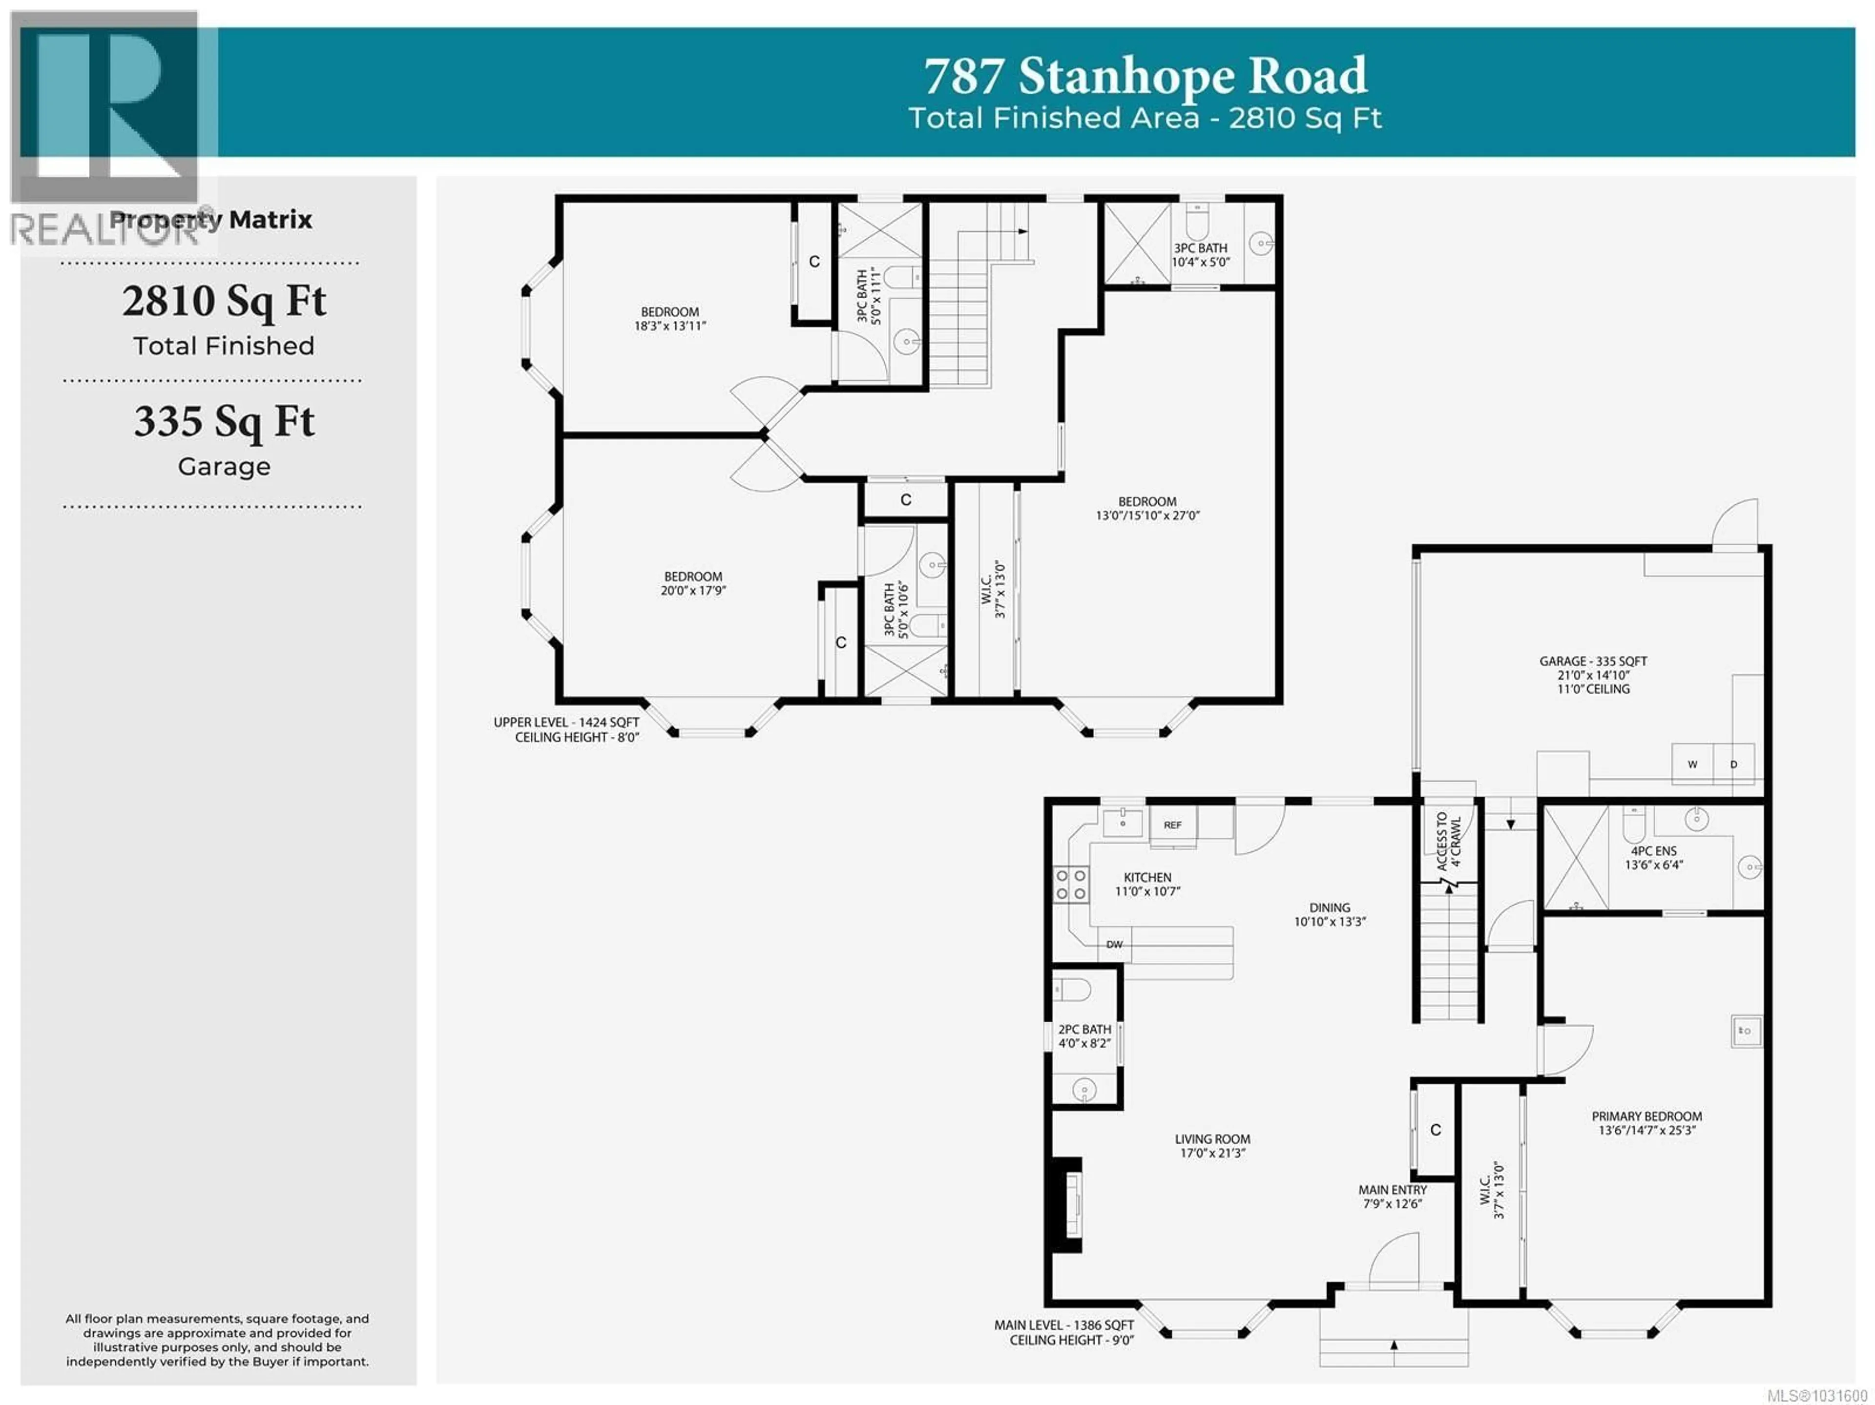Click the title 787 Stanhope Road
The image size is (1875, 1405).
1145,76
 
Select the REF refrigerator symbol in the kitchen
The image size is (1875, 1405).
1172,825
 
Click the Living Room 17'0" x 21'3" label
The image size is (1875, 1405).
1212,1146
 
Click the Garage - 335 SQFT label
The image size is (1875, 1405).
1593,661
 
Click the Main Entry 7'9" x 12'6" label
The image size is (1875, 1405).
1393,1197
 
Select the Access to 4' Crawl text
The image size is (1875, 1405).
1449,842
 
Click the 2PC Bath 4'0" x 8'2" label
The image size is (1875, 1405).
1084,1035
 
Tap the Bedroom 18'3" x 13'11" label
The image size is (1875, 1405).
669,319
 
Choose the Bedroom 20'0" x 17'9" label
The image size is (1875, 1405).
693,583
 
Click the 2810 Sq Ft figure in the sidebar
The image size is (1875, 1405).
224,302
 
